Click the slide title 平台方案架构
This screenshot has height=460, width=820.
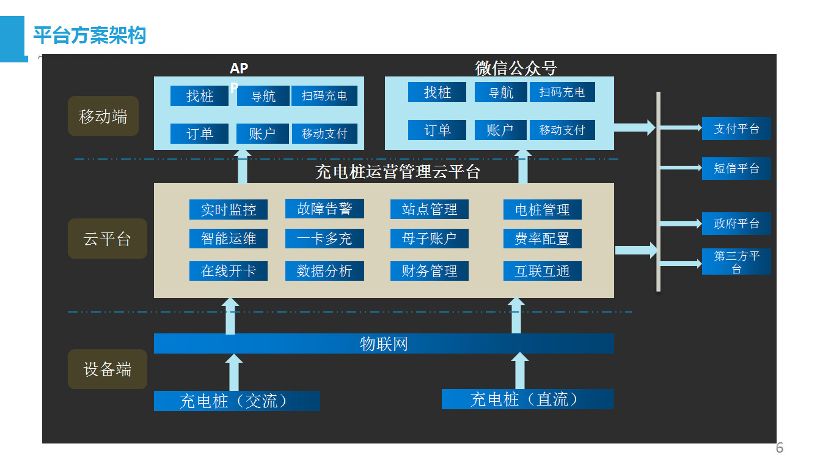[89, 35]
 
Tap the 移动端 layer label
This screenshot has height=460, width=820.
[103, 116]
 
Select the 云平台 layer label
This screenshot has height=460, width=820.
[108, 238]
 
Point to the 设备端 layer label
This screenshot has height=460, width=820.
[108, 369]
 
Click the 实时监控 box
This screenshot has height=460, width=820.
[228, 210]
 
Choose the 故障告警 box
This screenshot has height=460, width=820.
[324, 209]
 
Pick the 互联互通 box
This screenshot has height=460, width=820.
[542, 271]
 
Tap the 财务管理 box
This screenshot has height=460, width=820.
[429, 271]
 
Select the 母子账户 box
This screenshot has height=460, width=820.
[429, 239]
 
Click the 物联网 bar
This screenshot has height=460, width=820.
[384, 344]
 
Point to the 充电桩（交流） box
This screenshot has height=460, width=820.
[236, 401]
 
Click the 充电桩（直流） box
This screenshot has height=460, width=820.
[527, 399]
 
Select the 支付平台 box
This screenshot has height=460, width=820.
[736, 128]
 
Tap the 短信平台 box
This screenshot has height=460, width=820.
[736, 168]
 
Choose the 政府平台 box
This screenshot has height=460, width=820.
[736, 223]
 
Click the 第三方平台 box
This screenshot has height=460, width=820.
[736, 262]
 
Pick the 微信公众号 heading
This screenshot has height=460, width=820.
[516, 67]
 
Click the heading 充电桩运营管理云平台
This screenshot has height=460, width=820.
[398, 172]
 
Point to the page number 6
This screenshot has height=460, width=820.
[779, 447]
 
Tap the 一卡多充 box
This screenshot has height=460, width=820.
[324, 239]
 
